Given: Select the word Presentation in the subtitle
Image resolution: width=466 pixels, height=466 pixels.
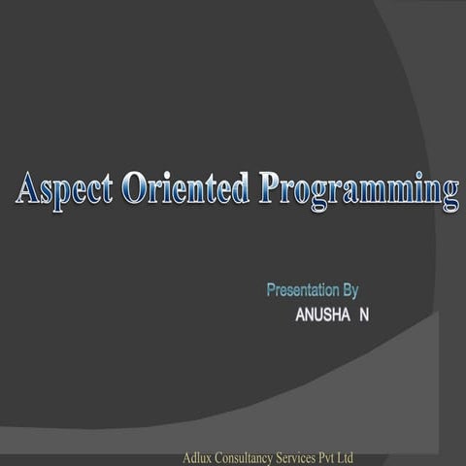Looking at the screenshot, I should pos(303,289).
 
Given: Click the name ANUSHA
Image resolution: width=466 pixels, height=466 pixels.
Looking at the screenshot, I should pos(318,316).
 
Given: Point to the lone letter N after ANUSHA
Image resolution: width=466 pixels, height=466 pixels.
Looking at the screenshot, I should pos(364,316).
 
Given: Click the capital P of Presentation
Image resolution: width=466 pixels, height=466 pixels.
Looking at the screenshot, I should pos(271,289).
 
